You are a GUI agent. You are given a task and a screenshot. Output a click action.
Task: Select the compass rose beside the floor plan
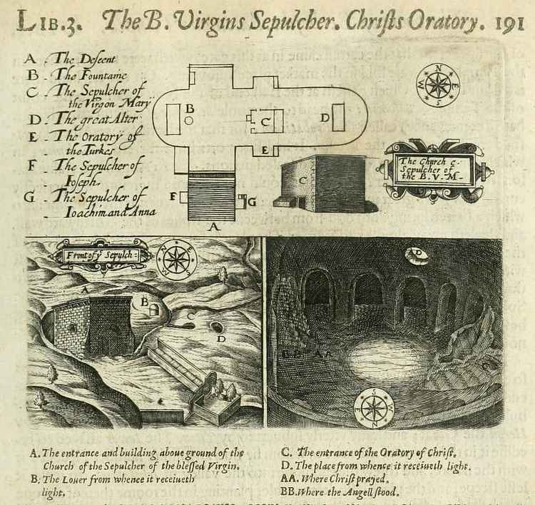438,84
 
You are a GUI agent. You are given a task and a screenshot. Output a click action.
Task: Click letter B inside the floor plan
190,108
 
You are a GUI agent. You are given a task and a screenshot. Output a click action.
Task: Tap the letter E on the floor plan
265,151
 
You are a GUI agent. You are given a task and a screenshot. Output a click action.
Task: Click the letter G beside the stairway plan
251,202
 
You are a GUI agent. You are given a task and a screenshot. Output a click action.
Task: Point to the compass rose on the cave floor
375,408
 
